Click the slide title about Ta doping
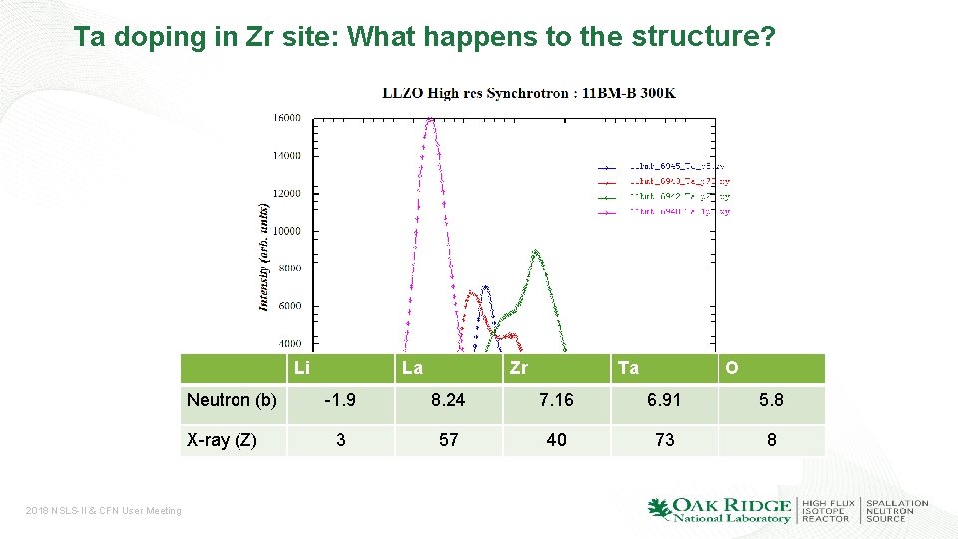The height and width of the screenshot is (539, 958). pos(423,38)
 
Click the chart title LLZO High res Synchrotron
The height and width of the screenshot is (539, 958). pos(529,93)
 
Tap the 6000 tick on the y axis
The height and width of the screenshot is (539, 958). pos(289,306)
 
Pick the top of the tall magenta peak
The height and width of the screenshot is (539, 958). pos(430,119)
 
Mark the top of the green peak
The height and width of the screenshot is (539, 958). pos(536,252)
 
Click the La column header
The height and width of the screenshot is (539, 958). pos(412,368)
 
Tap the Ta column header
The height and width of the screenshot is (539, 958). pos(628,368)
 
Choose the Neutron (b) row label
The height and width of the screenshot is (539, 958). pos(233,400)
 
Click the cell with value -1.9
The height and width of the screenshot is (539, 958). pos(341,400)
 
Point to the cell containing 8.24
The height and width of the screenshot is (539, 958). pos(449,400)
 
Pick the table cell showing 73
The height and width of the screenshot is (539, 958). pos(664,440)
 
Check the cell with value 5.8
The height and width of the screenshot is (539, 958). pos(771,400)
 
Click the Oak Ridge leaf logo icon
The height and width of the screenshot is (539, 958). pos(660,509)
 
